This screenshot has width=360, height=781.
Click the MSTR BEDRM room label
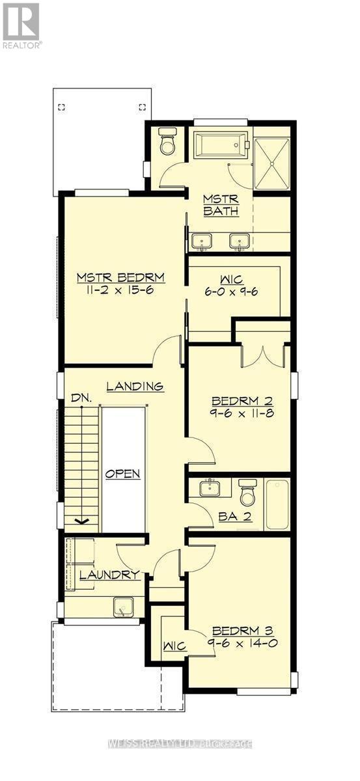120,277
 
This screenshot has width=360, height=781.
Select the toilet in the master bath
167,141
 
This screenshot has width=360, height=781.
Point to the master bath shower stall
271,163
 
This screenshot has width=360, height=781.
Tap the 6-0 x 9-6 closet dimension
231,292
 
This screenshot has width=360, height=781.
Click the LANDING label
135,387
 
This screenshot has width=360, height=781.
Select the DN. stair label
81,398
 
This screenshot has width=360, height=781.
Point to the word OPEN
123,474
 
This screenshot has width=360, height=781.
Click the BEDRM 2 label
242,401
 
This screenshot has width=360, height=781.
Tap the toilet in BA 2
247,492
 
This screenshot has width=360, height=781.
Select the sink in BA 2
210,487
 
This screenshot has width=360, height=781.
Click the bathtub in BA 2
277,504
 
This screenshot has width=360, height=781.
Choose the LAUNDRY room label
109,575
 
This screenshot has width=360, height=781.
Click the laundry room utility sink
123,607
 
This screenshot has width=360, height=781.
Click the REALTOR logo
21,25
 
